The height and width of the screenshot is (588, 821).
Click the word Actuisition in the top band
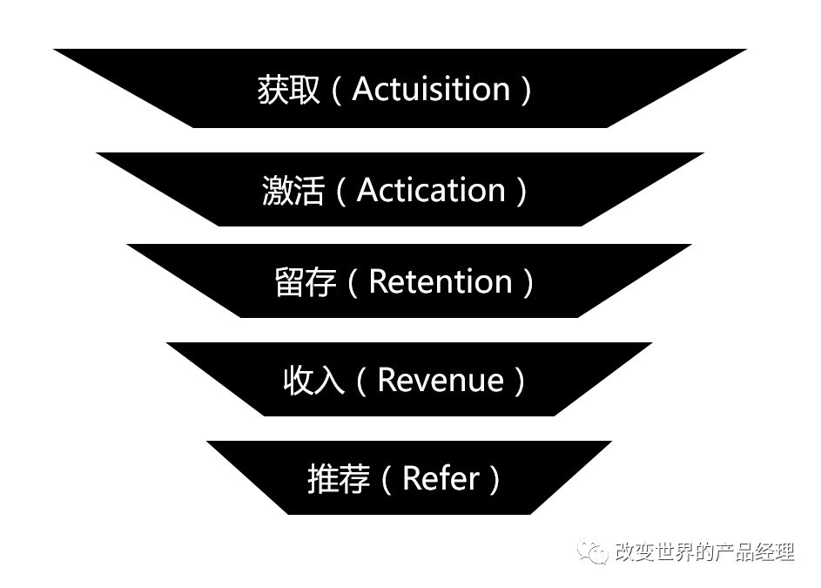(431, 90)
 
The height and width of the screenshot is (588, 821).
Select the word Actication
(431, 190)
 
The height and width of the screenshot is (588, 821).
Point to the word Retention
(441, 281)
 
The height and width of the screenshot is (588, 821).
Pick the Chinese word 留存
(305, 282)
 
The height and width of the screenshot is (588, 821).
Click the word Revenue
(441, 380)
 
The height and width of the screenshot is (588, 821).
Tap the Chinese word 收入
(313, 381)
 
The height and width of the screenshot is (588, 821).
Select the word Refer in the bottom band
(441, 478)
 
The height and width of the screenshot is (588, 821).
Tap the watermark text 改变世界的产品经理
(703, 551)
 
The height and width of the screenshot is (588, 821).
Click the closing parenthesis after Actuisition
(525, 91)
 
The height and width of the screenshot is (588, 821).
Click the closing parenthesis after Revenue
(520, 381)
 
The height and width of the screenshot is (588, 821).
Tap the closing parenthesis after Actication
(521, 191)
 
